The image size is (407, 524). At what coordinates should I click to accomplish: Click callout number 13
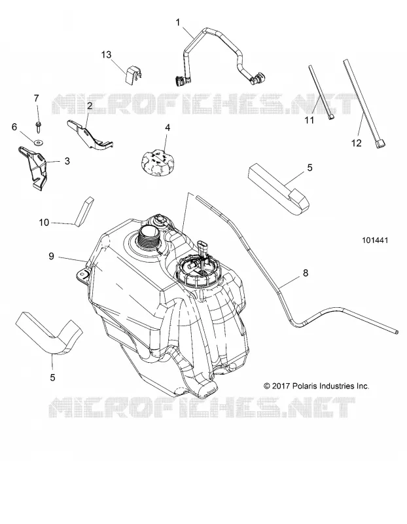point(106,54)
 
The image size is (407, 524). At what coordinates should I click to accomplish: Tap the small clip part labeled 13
point(133,75)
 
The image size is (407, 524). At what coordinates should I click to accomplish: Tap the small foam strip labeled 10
point(84,212)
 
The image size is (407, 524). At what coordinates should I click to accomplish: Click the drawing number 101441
point(375,240)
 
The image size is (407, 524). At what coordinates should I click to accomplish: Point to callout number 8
point(305,273)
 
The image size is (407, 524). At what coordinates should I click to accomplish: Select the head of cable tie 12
point(380,144)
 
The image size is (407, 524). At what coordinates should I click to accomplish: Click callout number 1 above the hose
point(178,22)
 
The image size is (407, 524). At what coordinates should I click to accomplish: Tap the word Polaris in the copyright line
point(305,386)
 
